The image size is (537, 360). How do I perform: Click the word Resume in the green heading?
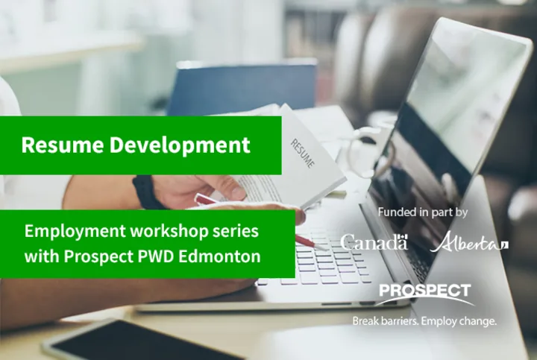[x=63, y=145]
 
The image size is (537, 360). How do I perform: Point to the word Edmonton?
[x=219, y=256]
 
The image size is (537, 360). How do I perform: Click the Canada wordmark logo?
[x=374, y=242]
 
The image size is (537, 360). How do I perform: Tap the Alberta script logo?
[x=469, y=242]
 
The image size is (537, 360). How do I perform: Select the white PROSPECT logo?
[x=424, y=294]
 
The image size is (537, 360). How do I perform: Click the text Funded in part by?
[x=423, y=212]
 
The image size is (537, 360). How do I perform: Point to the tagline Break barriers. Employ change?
[x=424, y=321]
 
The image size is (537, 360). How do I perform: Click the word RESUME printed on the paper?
[x=302, y=153]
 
